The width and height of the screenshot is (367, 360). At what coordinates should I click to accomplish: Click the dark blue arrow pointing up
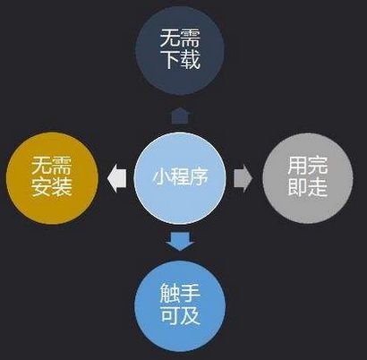point(180,116)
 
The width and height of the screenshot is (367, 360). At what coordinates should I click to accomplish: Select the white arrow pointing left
point(116,178)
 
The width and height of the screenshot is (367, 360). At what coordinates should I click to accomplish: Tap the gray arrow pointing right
point(243,178)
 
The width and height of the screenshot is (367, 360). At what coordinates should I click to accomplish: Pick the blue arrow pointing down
point(180,241)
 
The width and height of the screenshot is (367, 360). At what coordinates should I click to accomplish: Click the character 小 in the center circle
point(162,177)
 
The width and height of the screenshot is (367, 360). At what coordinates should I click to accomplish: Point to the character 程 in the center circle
point(180,177)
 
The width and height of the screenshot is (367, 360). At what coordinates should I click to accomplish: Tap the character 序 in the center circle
point(199,177)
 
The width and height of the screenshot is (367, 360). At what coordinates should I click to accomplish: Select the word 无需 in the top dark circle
point(180,38)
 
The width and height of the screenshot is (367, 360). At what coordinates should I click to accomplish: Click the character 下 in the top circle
point(170,60)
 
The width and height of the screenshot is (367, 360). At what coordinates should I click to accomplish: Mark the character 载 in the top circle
point(190,60)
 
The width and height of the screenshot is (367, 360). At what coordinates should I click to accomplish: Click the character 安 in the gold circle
point(41,187)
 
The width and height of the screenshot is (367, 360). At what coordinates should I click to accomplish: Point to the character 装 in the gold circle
point(62,187)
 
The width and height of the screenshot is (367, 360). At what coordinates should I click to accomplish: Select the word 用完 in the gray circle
point(308,165)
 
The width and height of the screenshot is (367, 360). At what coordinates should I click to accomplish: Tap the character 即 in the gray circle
point(297,187)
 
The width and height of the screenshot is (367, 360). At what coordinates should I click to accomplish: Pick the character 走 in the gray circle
point(318,187)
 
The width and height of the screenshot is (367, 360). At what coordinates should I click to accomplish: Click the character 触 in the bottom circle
point(170,293)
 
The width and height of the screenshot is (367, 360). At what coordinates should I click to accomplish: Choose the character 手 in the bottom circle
point(190,293)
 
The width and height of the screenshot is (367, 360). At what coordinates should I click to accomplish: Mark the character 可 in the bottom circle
point(170,315)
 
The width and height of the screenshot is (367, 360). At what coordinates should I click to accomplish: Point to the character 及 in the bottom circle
point(190,315)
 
